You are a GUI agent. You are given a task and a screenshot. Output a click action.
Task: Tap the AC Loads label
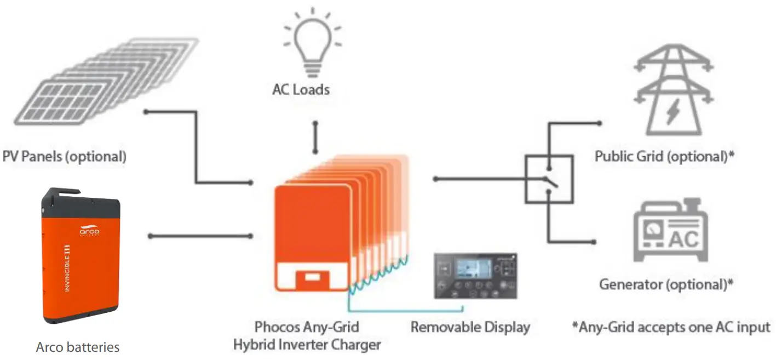click(x=301, y=89)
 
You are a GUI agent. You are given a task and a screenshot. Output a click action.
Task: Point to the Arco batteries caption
click(x=78, y=347)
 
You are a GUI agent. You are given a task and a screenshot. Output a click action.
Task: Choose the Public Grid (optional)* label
click(x=664, y=157)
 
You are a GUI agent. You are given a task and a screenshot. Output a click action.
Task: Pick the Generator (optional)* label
click(x=666, y=284)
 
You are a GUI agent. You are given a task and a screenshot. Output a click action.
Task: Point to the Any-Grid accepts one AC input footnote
click(x=671, y=327)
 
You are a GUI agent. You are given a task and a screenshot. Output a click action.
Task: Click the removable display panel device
click(x=475, y=276)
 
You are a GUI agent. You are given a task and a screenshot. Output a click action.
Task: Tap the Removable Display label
click(x=470, y=328)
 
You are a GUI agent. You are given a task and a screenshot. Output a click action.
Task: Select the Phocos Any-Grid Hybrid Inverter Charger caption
click(x=307, y=336)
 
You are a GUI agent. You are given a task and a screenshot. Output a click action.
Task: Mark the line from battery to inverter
click(x=200, y=236)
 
